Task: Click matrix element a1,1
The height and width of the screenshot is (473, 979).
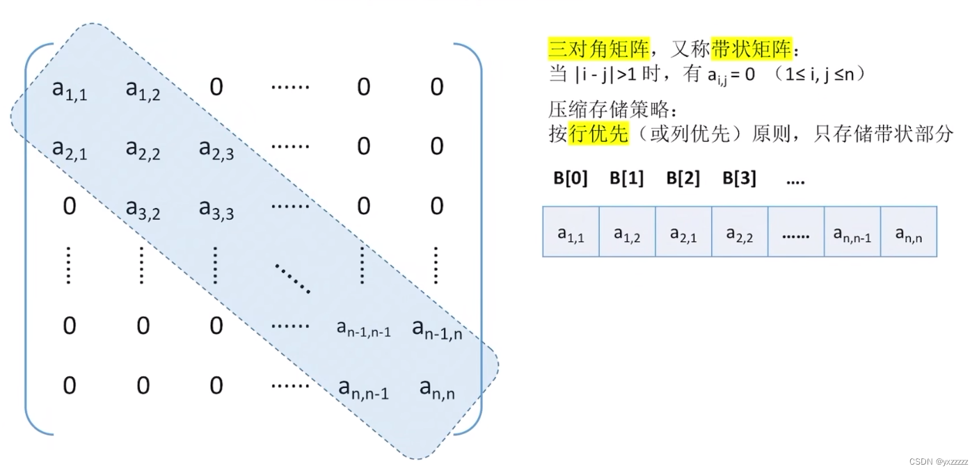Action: (x=70, y=89)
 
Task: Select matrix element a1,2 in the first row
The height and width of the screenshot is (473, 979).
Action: (x=143, y=89)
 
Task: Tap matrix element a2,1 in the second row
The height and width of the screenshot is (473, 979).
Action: (x=70, y=148)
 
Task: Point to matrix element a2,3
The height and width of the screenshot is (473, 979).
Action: (x=216, y=148)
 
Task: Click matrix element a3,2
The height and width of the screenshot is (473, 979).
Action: (x=143, y=208)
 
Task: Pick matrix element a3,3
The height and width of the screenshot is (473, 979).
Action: (x=216, y=208)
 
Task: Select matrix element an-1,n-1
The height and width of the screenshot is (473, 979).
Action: (x=363, y=329)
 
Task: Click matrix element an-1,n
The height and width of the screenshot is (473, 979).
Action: (x=437, y=329)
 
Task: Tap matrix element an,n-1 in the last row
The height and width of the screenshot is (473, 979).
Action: (x=363, y=388)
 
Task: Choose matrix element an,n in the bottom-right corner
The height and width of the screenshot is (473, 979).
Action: (x=437, y=388)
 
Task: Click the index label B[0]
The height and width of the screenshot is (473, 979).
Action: (x=571, y=179)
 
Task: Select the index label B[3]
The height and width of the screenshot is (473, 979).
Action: (x=739, y=179)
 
